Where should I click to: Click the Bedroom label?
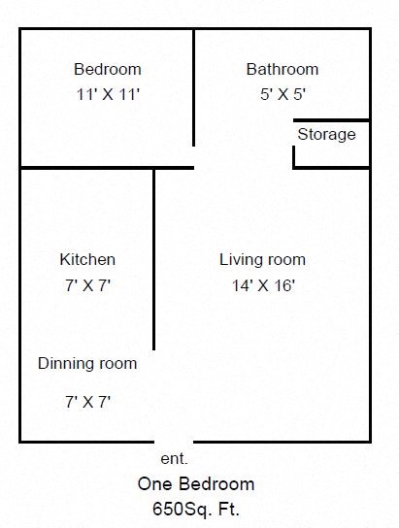point(108,69)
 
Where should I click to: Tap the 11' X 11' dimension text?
point(108,94)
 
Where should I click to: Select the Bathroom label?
point(282,69)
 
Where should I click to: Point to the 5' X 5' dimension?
point(282,94)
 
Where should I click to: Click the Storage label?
point(326,134)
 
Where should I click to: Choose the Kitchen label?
point(87,259)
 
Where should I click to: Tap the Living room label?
point(262,259)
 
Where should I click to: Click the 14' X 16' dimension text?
point(262,285)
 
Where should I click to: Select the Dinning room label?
point(87,364)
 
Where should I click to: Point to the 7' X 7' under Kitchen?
point(87,285)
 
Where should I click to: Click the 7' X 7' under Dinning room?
point(87,401)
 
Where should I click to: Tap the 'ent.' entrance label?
point(173,458)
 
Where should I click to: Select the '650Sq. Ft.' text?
point(196,508)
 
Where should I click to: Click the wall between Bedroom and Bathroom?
point(194,87)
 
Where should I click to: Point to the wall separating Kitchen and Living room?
point(154,257)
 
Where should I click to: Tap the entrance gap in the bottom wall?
point(175,442)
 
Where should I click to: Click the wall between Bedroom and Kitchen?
point(87,168)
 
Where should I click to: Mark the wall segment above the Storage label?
point(331,120)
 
